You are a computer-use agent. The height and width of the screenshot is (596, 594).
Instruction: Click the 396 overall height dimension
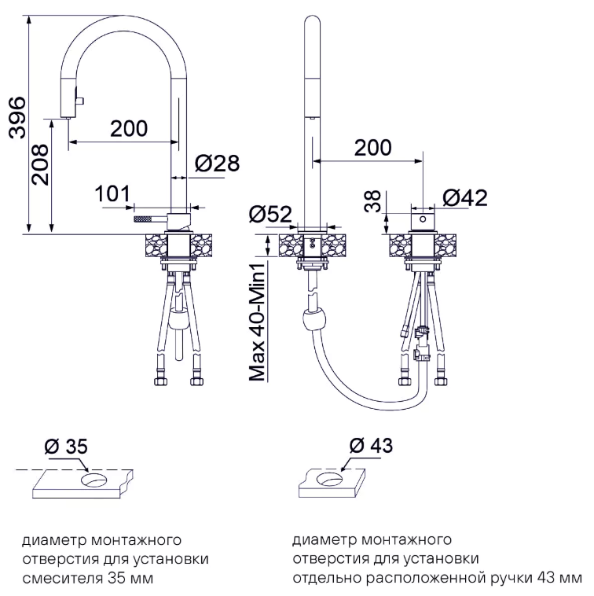17,117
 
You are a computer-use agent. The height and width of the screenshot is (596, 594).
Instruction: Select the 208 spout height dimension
40,164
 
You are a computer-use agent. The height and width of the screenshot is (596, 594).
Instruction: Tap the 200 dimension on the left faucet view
129,128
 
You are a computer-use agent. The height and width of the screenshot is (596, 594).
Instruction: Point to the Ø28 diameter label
217,164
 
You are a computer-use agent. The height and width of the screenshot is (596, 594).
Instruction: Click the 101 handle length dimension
112,194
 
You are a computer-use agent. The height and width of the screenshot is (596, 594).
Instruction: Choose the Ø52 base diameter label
270,214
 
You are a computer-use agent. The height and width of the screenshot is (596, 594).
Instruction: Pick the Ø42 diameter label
465,198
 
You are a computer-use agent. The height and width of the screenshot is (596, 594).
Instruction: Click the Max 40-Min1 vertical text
257,322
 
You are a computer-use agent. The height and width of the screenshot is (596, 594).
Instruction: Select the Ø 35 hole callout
66,447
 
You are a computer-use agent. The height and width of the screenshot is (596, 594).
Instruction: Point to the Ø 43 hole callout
371,446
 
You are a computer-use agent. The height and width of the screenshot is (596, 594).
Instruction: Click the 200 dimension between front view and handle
373,148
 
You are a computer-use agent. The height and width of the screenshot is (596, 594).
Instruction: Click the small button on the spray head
80,101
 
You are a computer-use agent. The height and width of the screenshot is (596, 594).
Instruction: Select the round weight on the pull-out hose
314,321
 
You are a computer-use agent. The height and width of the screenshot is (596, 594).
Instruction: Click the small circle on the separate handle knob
423,219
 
